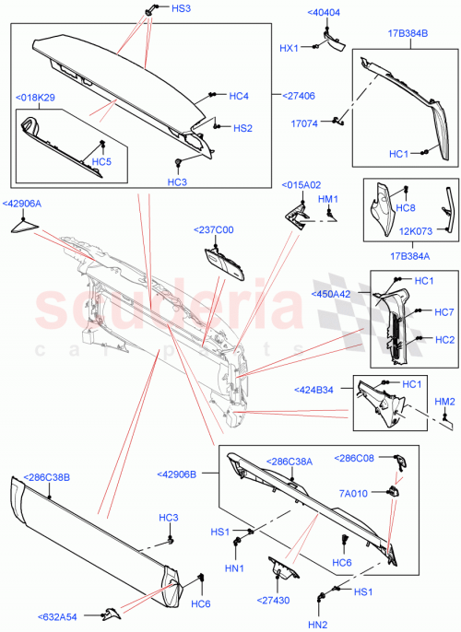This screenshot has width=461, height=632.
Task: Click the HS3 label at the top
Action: tap(181, 8)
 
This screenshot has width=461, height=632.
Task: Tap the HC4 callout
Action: tap(239, 95)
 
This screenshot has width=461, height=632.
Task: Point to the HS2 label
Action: tap(242, 128)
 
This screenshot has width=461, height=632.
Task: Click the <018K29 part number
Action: tap(35, 97)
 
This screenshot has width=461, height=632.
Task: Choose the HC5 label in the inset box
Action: tap(101, 162)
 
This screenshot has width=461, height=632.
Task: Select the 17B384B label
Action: tap(408, 33)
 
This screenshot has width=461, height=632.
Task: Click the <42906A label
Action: tap(22, 204)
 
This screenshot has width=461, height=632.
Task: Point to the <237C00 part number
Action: tap(214, 230)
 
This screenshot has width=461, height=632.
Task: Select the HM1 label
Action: tap(328, 198)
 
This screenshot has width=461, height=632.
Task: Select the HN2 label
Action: tap(317, 625)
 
